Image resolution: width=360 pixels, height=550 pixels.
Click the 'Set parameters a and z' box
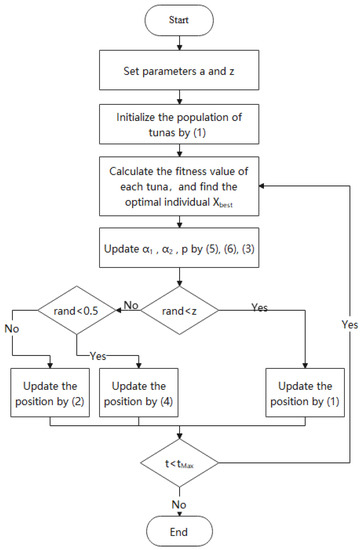179,71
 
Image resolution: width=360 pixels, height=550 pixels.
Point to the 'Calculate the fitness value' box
179,187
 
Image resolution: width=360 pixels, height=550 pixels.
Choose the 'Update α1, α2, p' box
179,246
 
